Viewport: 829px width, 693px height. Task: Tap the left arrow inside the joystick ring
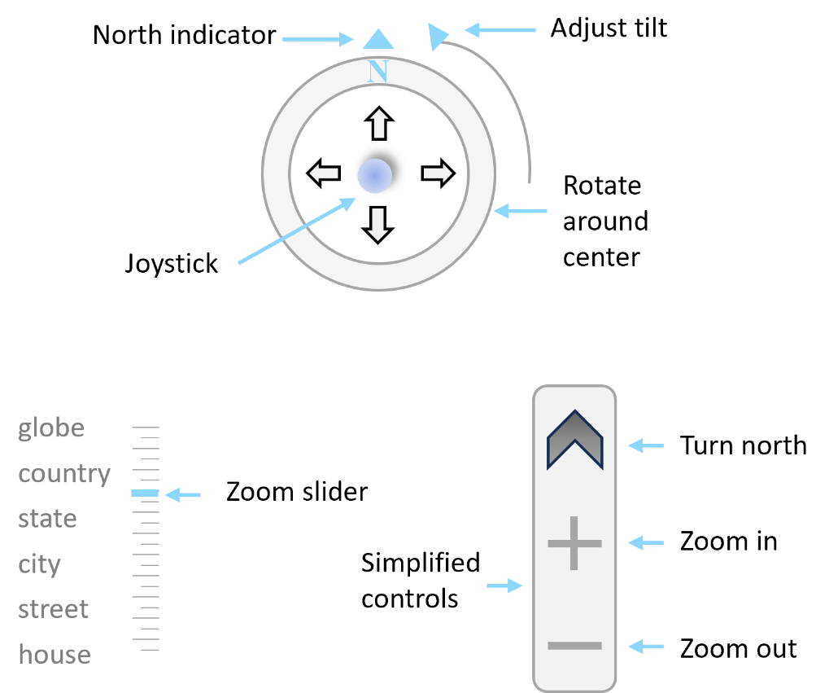click(x=324, y=173)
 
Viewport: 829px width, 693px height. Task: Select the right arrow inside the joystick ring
click(x=438, y=173)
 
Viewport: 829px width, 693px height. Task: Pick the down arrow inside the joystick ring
click(x=377, y=225)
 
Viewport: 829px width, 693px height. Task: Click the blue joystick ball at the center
click(x=375, y=175)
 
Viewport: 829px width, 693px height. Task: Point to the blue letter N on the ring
click(x=378, y=71)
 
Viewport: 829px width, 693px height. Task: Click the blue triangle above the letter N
click(x=378, y=38)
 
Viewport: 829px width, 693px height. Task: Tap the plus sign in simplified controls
click(x=574, y=543)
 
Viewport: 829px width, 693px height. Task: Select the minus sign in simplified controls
click(x=574, y=645)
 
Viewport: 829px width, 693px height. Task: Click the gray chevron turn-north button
click(x=574, y=440)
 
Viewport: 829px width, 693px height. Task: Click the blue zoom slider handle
click(x=145, y=493)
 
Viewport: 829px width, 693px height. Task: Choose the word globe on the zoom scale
click(x=51, y=428)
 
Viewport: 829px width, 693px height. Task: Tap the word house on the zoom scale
click(x=55, y=655)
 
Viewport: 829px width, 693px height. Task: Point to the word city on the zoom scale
click(x=40, y=565)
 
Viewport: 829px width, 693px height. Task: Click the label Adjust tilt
click(x=609, y=28)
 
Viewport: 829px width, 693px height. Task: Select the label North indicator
click(x=184, y=36)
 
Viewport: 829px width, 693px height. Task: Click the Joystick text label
click(x=172, y=264)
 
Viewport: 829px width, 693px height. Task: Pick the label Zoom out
click(x=738, y=648)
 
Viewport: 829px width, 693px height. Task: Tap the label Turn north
click(x=743, y=445)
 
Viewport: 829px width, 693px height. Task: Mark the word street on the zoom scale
click(x=53, y=609)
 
